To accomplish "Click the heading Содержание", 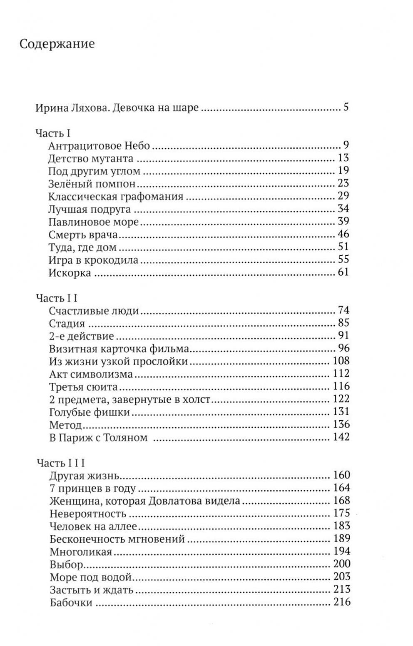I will pyautogui.click(x=57, y=44).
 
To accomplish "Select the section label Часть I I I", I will pyautogui.click(x=61, y=463).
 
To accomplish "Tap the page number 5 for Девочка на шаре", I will pyautogui.click(x=346, y=107).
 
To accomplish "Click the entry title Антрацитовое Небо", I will pyautogui.click(x=99, y=146).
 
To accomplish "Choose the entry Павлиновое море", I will pyautogui.click(x=93, y=222).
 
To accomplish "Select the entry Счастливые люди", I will pyautogui.click(x=94, y=311).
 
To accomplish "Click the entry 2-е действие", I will pyautogui.click(x=82, y=336).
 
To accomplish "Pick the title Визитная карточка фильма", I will pyautogui.click(x=119, y=349).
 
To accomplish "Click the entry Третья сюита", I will pyautogui.click(x=83, y=387).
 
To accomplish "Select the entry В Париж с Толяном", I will pyautogui.click(x=98, y=438).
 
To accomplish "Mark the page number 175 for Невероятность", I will pyautogui.click(x=341, y=513).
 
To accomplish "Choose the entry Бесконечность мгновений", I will pyautogui.click(x=117, y=539).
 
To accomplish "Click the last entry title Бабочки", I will pyautogui.click(x=70, y=603).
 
